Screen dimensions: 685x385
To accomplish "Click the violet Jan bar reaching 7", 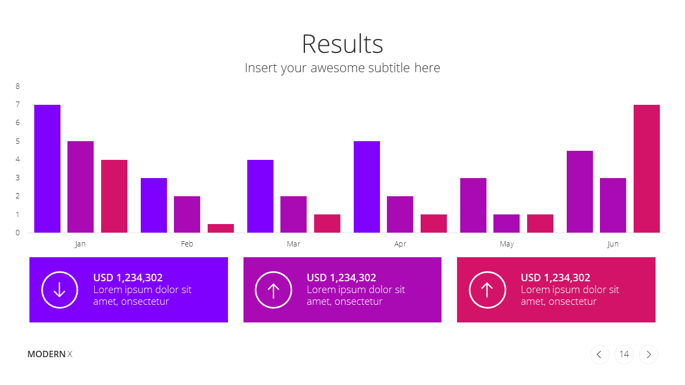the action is pos(48,168).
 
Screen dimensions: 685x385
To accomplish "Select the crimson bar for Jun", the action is pos(646,168).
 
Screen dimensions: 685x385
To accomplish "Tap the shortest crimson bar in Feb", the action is pos(221,228).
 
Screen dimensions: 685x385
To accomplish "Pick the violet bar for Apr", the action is pos(367,187).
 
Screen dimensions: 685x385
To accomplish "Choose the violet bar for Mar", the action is pos(260,196).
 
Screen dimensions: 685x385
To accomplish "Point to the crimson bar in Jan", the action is pos(114,196).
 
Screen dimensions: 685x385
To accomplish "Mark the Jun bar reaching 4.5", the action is pos(580,191).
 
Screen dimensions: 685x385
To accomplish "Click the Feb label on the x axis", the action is pos(187,244).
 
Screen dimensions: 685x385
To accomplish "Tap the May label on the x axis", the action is pos(507,244).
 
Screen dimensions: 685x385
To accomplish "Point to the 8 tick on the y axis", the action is pos(18,86).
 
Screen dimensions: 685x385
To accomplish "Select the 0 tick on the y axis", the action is pos(18,233).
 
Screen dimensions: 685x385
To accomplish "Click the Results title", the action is pos(342,44).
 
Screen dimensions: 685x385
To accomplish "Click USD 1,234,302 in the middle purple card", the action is pos(341,278).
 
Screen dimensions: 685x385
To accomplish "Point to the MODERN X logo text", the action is pos(50,354).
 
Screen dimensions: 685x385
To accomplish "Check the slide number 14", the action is pos(624,354).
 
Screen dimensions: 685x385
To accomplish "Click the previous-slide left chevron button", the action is pos(600,355).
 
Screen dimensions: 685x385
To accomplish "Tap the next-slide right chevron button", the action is pos(648,355).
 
